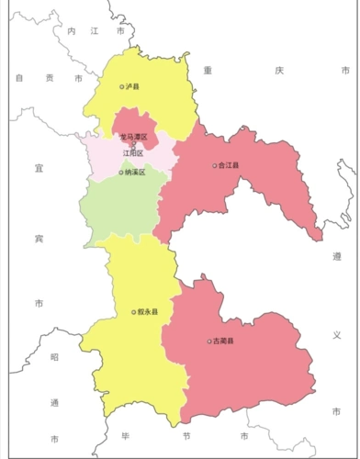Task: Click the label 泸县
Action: coord(134,86)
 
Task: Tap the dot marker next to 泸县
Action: coord(122,86)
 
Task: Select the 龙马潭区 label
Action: coord(134,137)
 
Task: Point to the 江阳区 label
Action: coord(134,153)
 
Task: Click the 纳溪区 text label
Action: coord(134,172)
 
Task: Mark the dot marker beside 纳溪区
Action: coord(121,172)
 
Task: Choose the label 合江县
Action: coord(229,166)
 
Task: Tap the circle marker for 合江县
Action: coord(215,166)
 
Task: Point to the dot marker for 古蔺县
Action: coord(209,341)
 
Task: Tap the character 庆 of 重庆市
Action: coord(279,71)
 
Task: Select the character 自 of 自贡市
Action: coord(19,78)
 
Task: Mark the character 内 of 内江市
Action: coord(71,31)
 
